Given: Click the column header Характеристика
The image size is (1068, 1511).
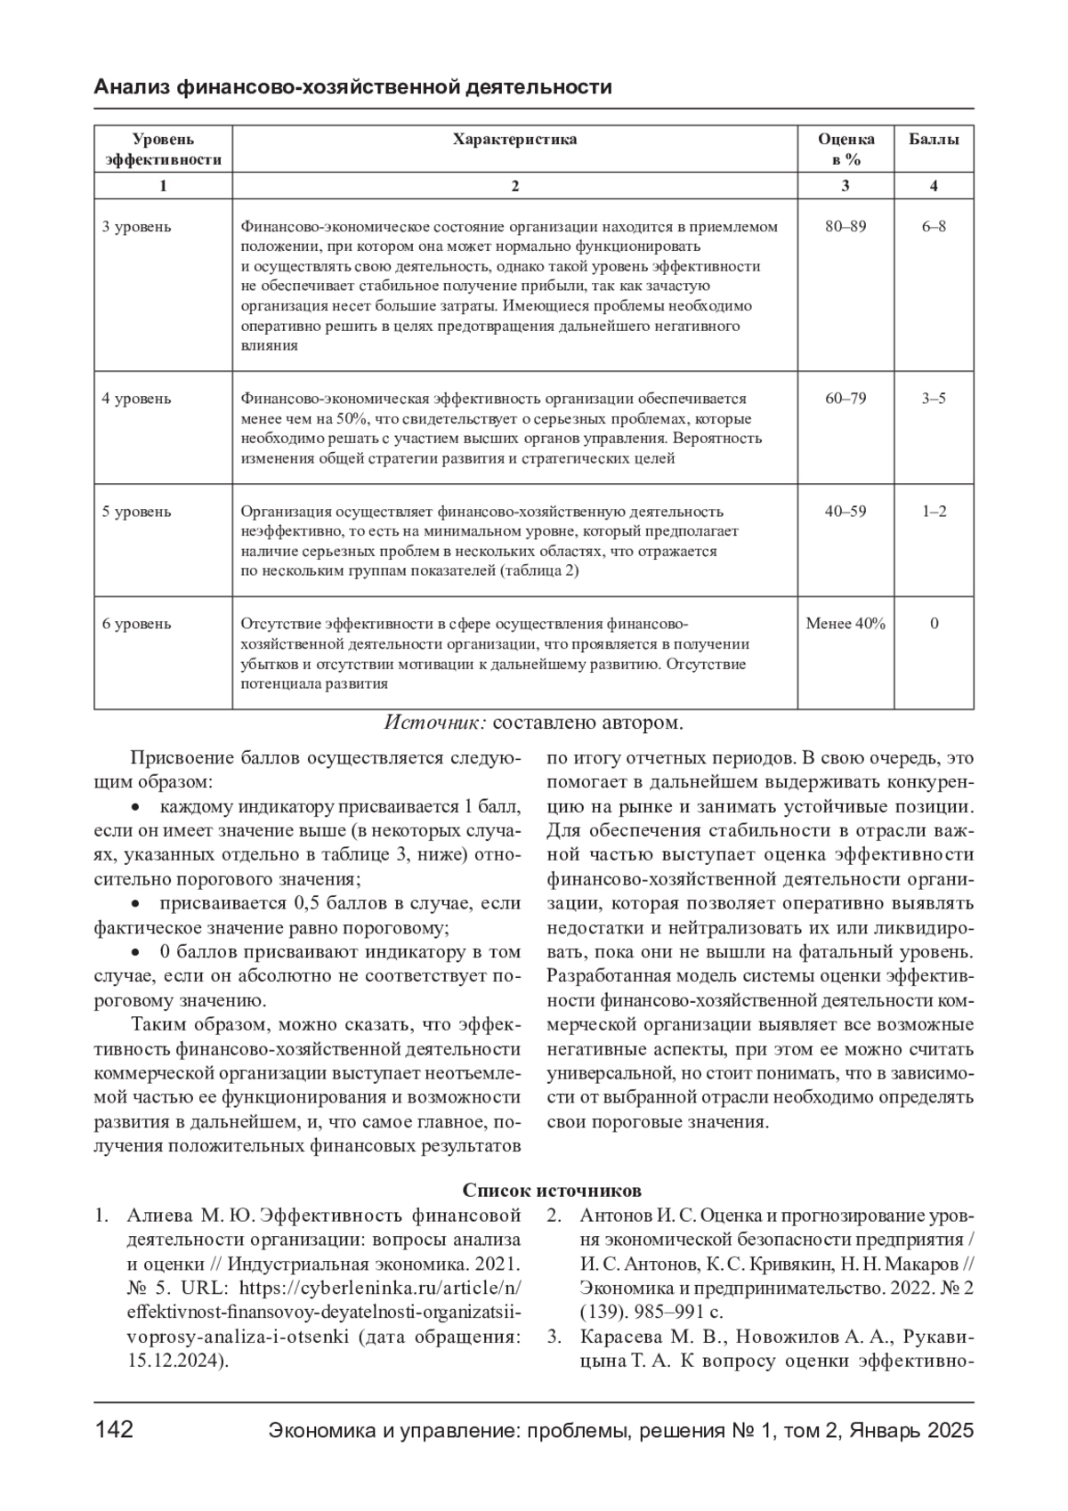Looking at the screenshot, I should [514, 140].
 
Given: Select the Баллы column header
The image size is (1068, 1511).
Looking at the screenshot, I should [934, 140].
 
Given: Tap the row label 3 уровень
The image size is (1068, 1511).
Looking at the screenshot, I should [136, 227].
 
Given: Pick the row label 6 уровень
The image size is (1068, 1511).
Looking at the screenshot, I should [136, 624].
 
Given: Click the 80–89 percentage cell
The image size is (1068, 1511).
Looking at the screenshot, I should [845, 227].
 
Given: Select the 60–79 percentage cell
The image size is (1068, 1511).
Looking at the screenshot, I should [845, 399].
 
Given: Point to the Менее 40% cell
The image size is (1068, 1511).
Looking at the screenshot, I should [845, 624].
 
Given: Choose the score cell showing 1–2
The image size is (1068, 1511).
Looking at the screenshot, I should [934, 512].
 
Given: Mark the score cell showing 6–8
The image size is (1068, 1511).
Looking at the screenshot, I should [934, 227].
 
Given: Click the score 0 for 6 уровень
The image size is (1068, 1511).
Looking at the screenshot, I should [934, 624].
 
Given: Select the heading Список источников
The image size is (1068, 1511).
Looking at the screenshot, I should [552, 1191].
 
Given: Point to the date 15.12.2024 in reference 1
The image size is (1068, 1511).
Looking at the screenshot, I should [174, 1361].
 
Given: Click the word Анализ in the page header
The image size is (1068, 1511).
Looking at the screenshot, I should [132, 87].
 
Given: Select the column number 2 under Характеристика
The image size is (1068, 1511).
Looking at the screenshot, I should [514, 186].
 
